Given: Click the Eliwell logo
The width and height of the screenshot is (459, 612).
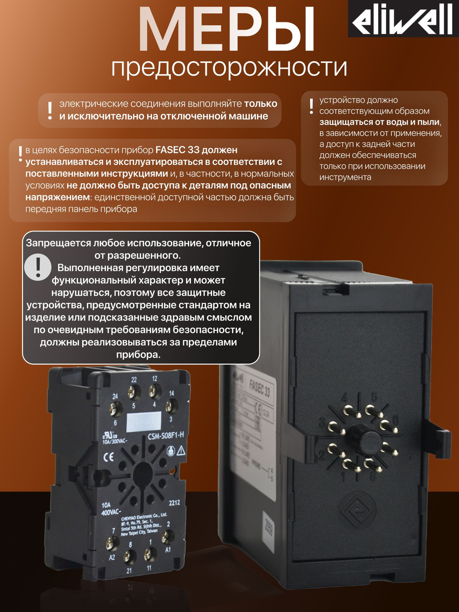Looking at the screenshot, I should tap(403, 19).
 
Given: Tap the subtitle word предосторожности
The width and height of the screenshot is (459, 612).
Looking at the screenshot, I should tap(229, 67).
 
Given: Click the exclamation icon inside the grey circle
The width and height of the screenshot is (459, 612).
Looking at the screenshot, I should tap(38, 267).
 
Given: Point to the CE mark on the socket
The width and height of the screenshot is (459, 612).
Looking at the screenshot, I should tap(109, 457).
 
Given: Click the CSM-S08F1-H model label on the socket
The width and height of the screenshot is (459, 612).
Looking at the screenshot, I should tap(166, 436).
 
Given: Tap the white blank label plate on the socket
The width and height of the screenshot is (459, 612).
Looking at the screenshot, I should tap(144, 422).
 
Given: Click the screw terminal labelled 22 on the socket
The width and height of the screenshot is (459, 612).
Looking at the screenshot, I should tap(134, 392).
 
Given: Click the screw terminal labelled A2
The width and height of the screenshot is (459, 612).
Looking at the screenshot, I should tap(113, 544).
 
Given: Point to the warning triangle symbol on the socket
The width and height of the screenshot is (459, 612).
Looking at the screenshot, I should tap(181, 451).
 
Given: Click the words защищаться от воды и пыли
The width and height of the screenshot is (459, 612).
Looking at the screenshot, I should tap(380, 122).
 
